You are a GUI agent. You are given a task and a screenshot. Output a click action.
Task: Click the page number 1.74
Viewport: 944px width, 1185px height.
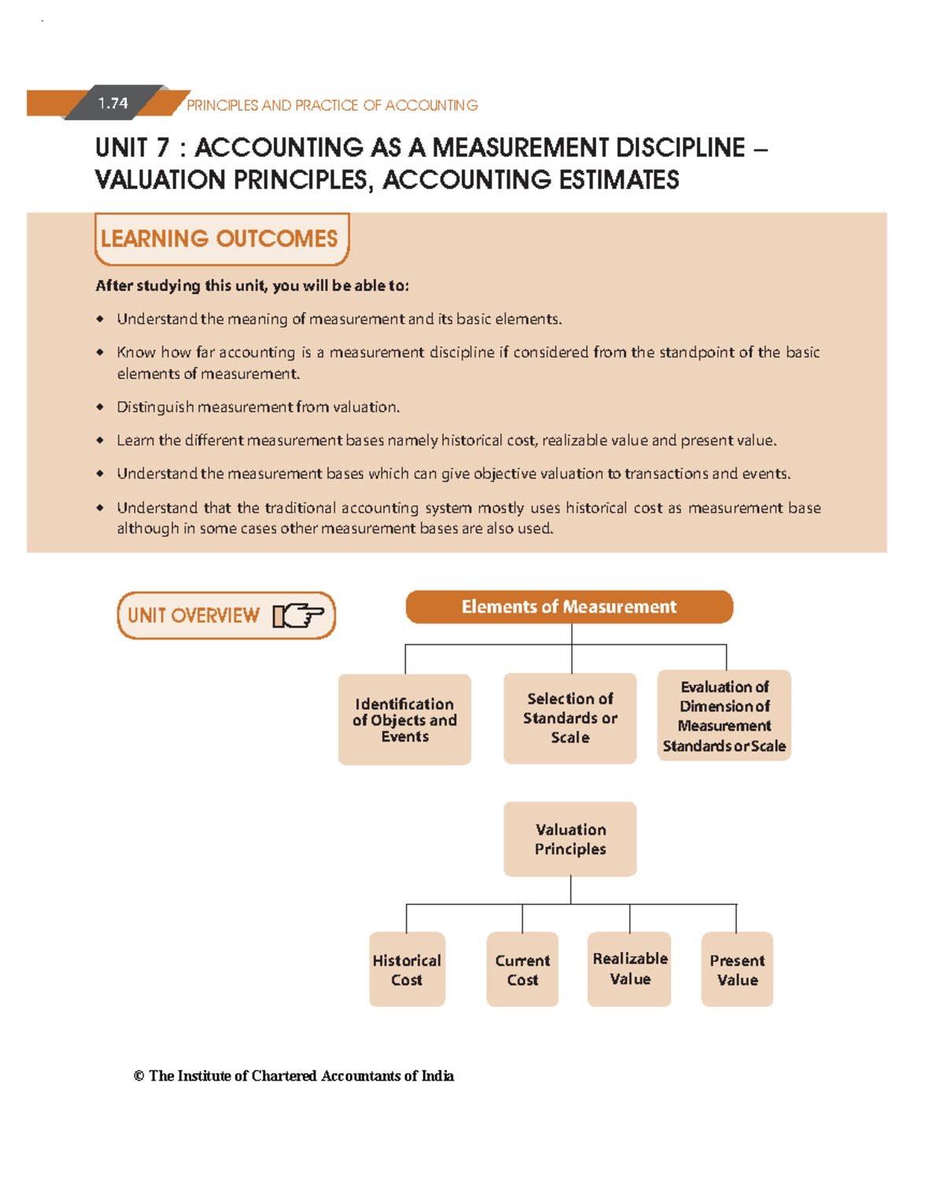(113, 103)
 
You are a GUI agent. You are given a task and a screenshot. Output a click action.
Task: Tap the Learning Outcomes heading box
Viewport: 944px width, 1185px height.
(220, 238)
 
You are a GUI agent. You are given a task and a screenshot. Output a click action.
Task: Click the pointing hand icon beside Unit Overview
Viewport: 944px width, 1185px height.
(298, 615)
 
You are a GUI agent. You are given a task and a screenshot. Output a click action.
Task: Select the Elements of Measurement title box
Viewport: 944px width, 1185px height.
(569, 607)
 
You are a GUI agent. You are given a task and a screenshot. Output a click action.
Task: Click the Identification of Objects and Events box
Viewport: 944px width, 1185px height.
(404, 719)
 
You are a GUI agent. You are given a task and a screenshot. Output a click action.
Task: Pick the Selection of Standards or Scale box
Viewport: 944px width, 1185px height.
(570, 718)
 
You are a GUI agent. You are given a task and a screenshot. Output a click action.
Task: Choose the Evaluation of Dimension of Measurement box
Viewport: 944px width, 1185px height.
(724, 716)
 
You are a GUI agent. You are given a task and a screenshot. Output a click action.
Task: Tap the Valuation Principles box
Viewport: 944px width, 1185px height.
(570, 839)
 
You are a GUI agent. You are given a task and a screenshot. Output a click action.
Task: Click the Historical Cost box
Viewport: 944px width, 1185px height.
(407, 970)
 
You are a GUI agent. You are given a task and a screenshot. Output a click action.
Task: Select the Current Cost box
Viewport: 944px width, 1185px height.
(522, 970)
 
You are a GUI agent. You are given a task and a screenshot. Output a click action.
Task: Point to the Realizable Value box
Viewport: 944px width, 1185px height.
(629, 969)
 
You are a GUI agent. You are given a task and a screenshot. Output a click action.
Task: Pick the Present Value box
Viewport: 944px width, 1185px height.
(737, 970)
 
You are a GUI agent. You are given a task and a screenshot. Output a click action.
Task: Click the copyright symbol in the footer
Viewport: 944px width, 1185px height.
(138, 1076)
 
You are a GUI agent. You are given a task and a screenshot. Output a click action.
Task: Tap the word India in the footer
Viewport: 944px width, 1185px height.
(437, 1076)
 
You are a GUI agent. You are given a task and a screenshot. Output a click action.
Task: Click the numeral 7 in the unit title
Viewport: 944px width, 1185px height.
(162, 148)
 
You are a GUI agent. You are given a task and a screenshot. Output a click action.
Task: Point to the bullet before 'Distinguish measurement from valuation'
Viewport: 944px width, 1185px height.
(100, 407)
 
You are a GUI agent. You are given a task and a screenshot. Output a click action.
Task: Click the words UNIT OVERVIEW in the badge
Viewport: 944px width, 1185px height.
(194, 615)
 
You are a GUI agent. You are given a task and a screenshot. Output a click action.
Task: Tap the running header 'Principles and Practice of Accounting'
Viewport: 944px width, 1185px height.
(332, 105)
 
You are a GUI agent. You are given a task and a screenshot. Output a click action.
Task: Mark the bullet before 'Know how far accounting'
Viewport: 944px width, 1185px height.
(100, 352)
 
